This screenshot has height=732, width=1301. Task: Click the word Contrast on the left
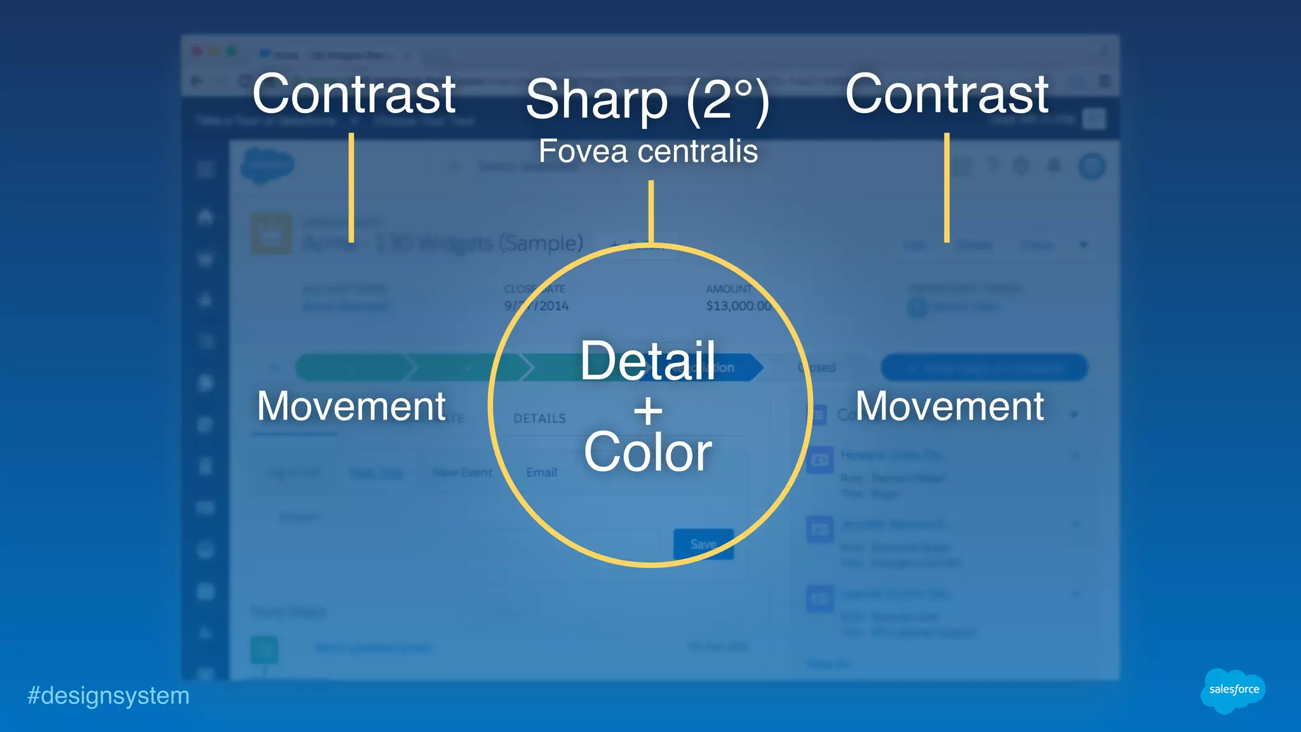(x=354, y=94)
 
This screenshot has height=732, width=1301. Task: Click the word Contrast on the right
(x=947, y=94)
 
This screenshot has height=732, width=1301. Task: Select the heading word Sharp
(x=597, y=100)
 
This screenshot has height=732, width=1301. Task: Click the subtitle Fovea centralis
(x=648, y=151)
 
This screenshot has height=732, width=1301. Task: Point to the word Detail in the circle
(x=648, y=361)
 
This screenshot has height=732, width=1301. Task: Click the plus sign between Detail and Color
(x=648, y=411)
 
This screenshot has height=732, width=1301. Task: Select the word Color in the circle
(x=648, y=452)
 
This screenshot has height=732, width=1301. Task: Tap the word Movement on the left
(x=351, y=406)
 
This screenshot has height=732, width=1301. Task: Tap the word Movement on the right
(x=950, y=406)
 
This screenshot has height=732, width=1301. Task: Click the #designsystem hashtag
(x=108, y=696)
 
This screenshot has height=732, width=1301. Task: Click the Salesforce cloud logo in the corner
(x=1232, y=690)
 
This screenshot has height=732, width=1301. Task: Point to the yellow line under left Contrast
(x=351, y=187)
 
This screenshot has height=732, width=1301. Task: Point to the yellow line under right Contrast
(x=947, y=187)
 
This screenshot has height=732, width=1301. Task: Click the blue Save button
(x=703, y=544)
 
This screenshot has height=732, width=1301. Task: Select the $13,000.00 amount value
(x=738, y=306)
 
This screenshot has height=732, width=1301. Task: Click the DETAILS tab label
(x=539, y=418)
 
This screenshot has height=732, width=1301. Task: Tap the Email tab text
(x=541, y=472)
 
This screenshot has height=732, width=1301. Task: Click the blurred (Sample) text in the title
(x=541, y=243)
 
